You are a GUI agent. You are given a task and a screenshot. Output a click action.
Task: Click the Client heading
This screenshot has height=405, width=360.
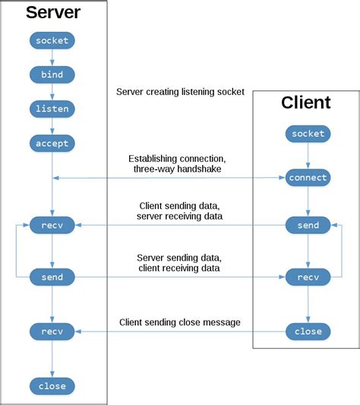(306, 103)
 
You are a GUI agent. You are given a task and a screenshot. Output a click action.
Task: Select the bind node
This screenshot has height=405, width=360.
(52, 74)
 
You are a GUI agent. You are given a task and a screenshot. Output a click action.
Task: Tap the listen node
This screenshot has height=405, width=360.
(52, 109)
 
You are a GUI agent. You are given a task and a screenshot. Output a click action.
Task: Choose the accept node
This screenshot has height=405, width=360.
(52, 143)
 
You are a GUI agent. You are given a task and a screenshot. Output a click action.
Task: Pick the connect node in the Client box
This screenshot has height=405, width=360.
(308, 178)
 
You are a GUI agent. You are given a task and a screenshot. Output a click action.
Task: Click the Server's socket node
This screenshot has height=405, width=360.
(52, 40)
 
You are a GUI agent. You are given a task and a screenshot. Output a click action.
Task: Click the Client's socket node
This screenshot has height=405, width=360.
(308, 134)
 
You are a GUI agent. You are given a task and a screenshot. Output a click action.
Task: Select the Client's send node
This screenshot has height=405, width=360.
(308, 226)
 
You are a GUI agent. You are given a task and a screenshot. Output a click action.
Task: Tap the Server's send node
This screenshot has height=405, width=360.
(52, 277)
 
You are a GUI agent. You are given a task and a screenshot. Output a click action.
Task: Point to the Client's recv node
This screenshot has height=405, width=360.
(308, 277)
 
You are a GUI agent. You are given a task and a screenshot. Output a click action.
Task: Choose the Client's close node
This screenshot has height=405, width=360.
(308, 331)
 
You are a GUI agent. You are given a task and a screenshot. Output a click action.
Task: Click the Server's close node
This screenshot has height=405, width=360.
(52, 386)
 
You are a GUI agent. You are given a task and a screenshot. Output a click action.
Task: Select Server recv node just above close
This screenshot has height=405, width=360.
(52, 331)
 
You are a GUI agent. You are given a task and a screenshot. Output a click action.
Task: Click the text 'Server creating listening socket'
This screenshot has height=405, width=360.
(180, 92)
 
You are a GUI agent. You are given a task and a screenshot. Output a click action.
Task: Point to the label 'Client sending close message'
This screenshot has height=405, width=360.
(180, 322)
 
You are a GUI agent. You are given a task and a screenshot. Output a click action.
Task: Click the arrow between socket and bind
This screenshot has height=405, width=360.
(52, 58)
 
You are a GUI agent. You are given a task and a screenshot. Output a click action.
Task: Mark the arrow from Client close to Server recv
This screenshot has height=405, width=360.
(180, 332)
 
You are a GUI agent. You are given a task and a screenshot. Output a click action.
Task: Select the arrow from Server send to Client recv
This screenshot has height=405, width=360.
(180, 278)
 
